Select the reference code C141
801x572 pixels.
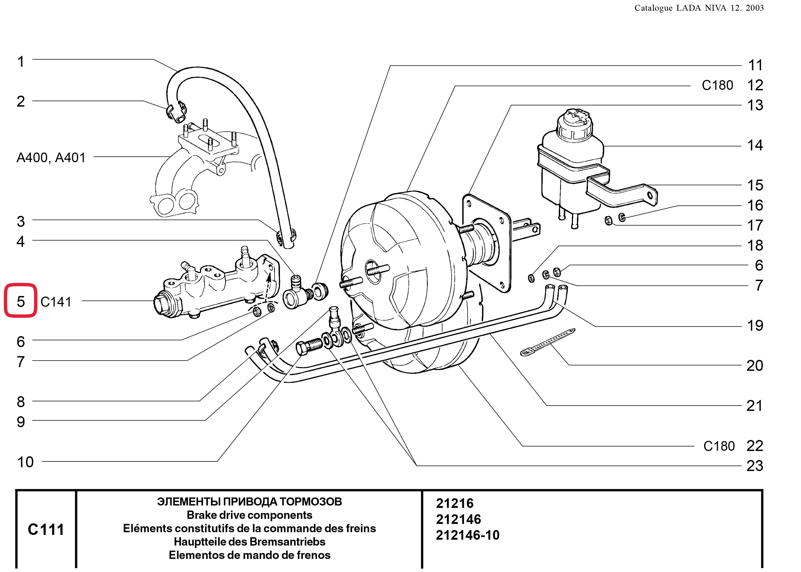click(56, 302)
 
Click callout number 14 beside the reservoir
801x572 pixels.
click(755, 145)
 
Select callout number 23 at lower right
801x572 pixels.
click(754, 466)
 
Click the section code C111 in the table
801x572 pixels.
click(46, 529)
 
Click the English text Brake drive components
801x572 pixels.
click(249, 515)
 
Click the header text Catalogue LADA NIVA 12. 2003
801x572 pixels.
click(699, 8)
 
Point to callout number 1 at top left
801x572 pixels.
click(21, 62)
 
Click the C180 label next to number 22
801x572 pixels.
click(719, 446)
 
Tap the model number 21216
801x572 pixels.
click(455, 503)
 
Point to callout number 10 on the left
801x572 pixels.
click(25, 462)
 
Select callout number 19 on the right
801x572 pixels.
click(755, 325)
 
